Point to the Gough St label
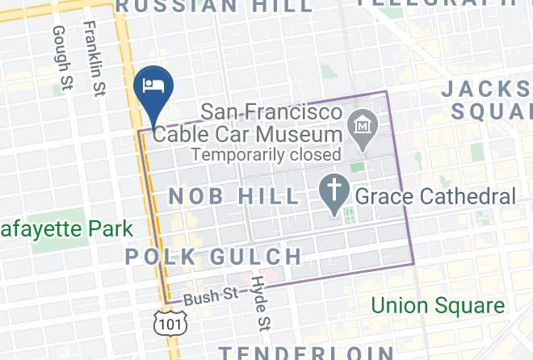click(x=62, y=58)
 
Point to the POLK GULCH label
click(x=214, y=257)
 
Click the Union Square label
click(x=438, y=306)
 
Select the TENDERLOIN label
click(x=306, y=352)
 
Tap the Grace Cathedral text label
click(x=434, y=195)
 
